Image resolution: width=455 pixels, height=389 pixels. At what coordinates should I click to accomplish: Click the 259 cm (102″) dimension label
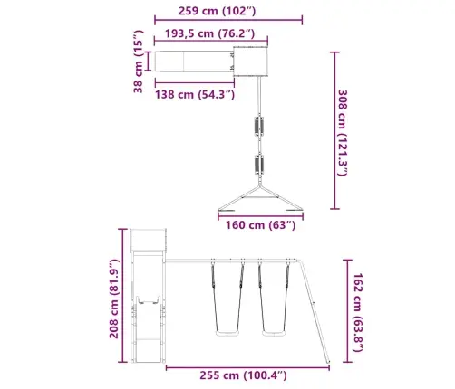pos(217,11)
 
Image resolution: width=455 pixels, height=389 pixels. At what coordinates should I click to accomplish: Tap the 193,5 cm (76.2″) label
pos(210,33)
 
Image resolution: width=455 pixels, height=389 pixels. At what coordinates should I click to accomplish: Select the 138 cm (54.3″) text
pos(195,94)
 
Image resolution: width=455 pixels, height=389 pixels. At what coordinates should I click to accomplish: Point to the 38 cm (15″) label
pos(138,62)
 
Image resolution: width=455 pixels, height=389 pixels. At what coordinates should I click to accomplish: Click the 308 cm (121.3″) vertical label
pos(343,133)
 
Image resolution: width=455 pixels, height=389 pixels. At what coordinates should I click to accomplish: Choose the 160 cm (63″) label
pos(261,225)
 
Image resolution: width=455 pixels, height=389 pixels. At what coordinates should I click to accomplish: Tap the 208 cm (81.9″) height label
pos(114,299)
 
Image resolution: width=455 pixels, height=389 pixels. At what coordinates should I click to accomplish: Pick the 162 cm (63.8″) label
pos(358,312)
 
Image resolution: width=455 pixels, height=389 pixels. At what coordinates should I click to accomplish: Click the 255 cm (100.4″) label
pos(243,375)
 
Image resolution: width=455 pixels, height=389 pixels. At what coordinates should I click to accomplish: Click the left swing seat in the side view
pos(227,333)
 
